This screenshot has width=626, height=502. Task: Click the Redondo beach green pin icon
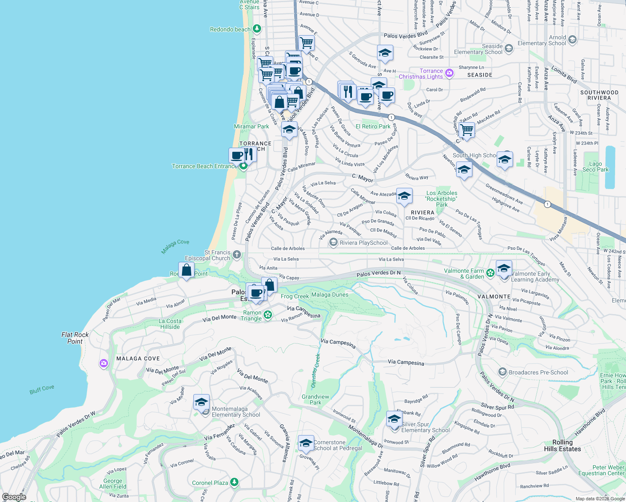pyautogui.click(x=257, y=29)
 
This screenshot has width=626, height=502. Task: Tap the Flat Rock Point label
pyautogui.click(x=75, y=338)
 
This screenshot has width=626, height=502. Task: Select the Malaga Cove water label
pyautogui.click(x=175, y=246)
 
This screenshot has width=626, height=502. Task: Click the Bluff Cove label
pyautogui.click(x=42, y=389)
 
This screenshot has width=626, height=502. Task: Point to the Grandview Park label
pyautogui.click(x=316, y=400)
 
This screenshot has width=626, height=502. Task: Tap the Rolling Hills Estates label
pyautogui.click(x=562, y=446)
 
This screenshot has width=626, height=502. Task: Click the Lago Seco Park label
pyautogui.click(x=595, y=166)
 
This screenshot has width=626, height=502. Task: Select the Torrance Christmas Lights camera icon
pyautogui.click(x=449, y=73)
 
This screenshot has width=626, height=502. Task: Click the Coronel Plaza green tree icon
pyautogui.click(x=234, y=482)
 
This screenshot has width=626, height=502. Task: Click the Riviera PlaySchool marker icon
pyautogui.click(x=333, y=242)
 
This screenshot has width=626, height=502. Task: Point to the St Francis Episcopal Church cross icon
pyautogui.click(x=236, y=254)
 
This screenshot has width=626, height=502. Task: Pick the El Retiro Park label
pyautogui.click(x=373, y=126)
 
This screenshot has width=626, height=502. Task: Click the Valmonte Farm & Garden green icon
pyautogui.click(x=490, y=273)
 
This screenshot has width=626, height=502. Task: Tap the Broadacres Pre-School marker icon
pyautogui.click(x=502, y=372)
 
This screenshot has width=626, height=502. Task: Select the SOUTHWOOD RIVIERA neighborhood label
pyautogui.click(x=599, y=95)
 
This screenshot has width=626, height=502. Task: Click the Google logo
pyautogui.click(x=14, y=497)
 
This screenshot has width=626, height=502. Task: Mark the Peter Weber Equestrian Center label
pyautogui.click(x=601, y=470)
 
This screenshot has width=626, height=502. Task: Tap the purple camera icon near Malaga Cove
pyautogui.click(x=104, y=363)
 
